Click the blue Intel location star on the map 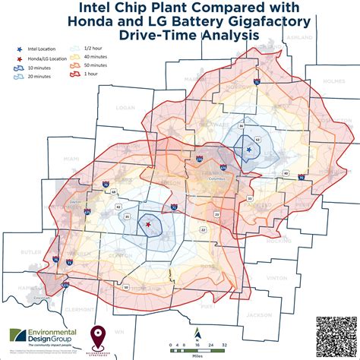tap(249, 150)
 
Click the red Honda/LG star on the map tap(147, 226)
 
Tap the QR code tap(334, 333)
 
